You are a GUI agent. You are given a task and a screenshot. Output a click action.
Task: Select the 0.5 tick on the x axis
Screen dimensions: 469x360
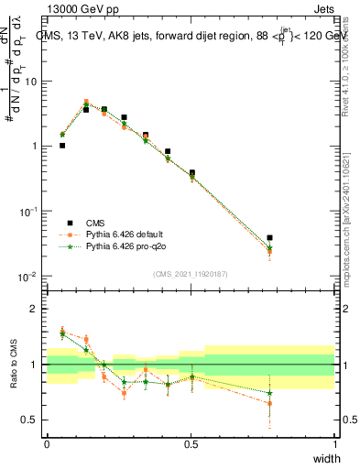pyautogui.click(x=191, y=443)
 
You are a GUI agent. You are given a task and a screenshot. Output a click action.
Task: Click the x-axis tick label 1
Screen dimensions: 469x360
pyautogui.click(x=334, y=443)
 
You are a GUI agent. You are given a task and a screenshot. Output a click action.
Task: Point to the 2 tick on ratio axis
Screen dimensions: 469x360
pyautogui.click(x=35, y=309)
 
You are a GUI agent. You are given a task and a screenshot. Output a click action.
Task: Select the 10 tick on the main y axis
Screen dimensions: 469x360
pyautogui.click(x=31, y=82)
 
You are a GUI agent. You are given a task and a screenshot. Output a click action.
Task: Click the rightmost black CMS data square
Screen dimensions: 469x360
pyautogui.click(x=269, y=238)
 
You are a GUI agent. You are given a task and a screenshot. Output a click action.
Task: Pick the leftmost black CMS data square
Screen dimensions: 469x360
pyautogui.click(x=62, y=145)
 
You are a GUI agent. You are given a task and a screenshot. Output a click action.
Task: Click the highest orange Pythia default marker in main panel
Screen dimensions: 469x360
pyautogui.click(x=86, y=102)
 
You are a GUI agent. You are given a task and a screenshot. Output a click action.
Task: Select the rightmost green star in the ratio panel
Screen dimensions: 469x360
pyautogui.click(x=269, y=393)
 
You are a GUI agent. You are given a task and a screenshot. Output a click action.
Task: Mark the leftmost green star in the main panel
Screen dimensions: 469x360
pyautogui.click(x=62, y=135)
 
